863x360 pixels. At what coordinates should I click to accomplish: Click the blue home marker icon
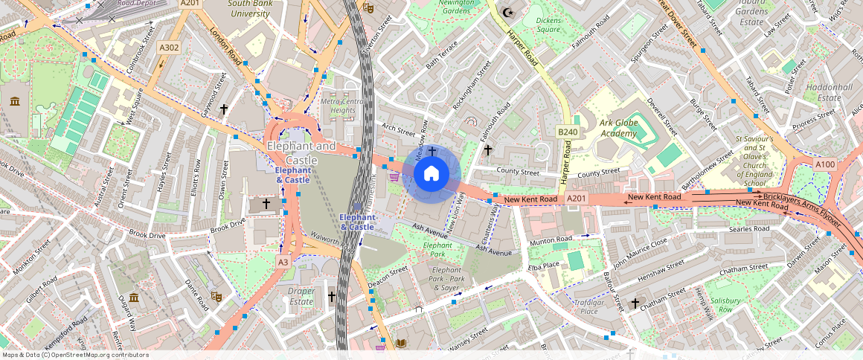pos(431,174)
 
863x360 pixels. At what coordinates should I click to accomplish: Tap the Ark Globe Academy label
pos(609,128)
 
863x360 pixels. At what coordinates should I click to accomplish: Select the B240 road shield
pos(568,132)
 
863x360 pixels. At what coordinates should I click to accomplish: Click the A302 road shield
pos(169,48)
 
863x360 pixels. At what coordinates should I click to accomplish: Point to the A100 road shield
pos(824,164)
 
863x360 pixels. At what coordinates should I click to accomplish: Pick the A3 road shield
pos(283,262)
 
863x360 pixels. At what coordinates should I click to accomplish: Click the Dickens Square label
pos(548,25)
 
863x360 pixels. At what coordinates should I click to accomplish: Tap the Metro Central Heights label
pos(342,106)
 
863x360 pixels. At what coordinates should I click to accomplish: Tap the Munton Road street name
pos(551,242)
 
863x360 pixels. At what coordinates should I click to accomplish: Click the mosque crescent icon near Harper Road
pos(509,12)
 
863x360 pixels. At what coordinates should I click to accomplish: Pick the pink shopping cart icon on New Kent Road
pos(394,177)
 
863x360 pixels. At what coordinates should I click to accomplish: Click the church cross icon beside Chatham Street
pos(635,303)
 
